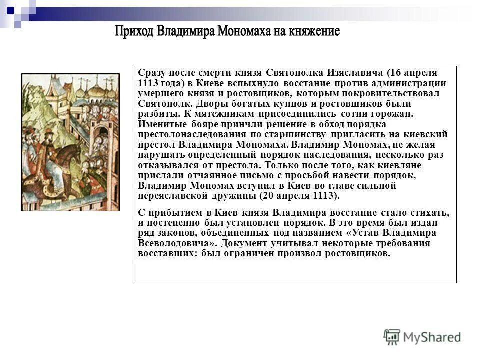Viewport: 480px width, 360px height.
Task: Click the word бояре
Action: point(203,124)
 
